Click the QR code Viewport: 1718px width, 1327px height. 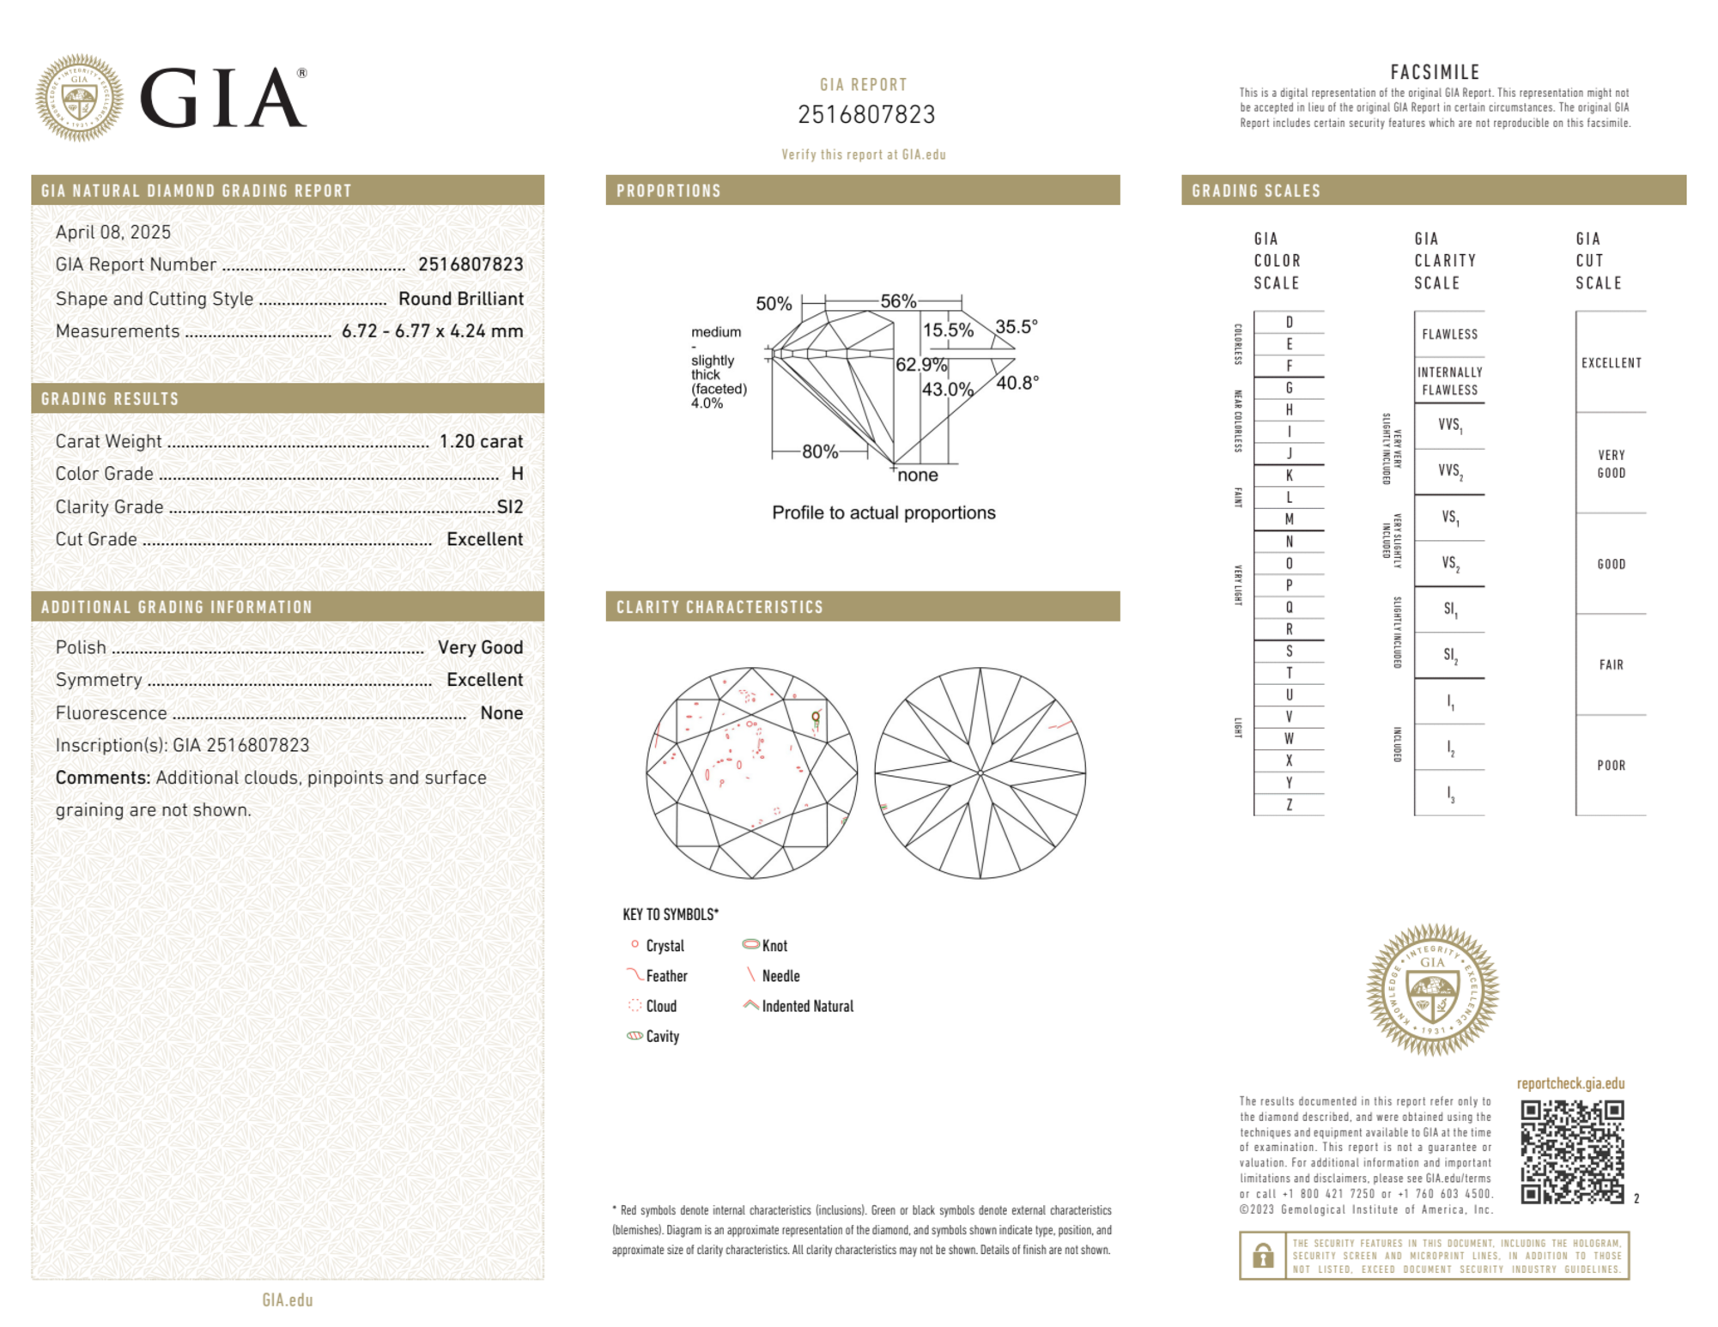pos(1571,1152)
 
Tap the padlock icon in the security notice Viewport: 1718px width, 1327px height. pos(1262,1256)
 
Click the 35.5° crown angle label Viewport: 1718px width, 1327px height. pos(1017,327)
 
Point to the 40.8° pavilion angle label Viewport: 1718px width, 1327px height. pos(1017,383)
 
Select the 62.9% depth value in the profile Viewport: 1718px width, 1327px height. pos(920,365)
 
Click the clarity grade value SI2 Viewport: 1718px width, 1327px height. pos(510,507)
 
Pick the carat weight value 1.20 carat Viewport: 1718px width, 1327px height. pos(481,441)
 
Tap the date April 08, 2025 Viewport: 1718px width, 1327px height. pos(113,233)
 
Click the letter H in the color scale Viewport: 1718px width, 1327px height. pos(1289,410)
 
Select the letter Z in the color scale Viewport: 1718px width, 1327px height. pos(1289,805)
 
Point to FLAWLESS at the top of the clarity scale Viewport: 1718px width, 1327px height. pos(1449,335)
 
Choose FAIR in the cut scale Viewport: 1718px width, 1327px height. pos(1611,665)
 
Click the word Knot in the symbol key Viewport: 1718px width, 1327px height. pos(774,946)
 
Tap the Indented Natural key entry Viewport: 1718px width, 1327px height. pos(807,1007)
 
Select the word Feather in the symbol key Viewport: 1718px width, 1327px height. pos(666,977)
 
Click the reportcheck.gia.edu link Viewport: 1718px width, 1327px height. pos(1570,1083)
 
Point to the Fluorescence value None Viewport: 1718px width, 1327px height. pos(501,713)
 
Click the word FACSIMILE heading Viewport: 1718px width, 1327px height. pos(1435,73)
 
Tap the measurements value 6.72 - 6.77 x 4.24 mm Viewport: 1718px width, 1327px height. pos(432,331)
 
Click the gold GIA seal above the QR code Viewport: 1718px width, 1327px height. pos(1432,989)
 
